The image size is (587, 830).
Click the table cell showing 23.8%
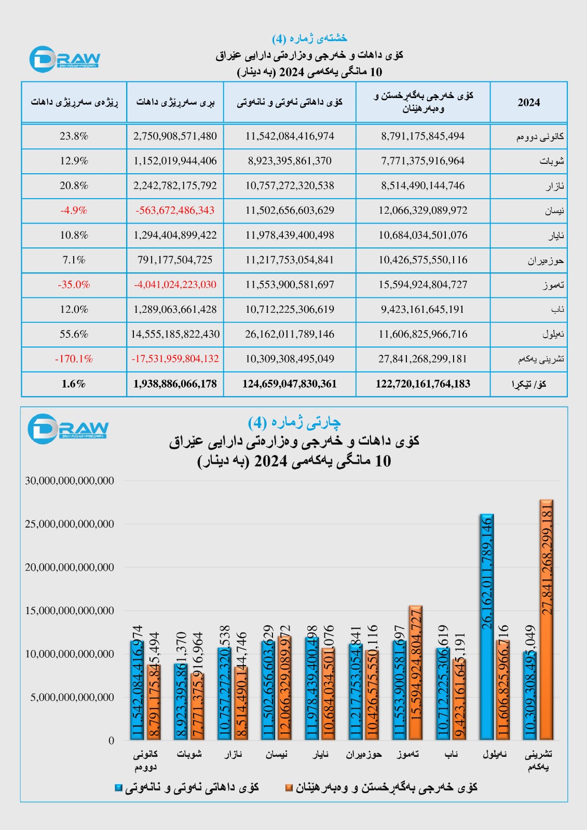tap(74, 136)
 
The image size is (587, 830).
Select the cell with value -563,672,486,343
tap(175, 211)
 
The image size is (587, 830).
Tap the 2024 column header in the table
tap(528, 102)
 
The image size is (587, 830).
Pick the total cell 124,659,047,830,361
tap(290, 384)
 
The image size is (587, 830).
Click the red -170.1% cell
tap(74, 359)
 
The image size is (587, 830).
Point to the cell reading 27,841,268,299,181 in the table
tap(422, 359)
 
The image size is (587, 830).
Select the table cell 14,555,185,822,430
tap(175, 334)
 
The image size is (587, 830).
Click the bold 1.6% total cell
tap(74, 384)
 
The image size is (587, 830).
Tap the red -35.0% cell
tap(74, 285)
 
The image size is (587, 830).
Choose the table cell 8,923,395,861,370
tap(290, 161)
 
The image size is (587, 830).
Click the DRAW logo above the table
tap(64, 59)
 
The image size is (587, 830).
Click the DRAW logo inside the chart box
tap(67, 428)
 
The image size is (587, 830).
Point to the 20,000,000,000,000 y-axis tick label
tap(70, 568)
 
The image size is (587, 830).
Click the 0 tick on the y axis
tap(111, 741)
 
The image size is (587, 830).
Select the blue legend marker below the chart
tap(118, 788)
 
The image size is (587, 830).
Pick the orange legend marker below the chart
tap(289, 788)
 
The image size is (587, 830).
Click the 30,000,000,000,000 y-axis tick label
tap(70, 481)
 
